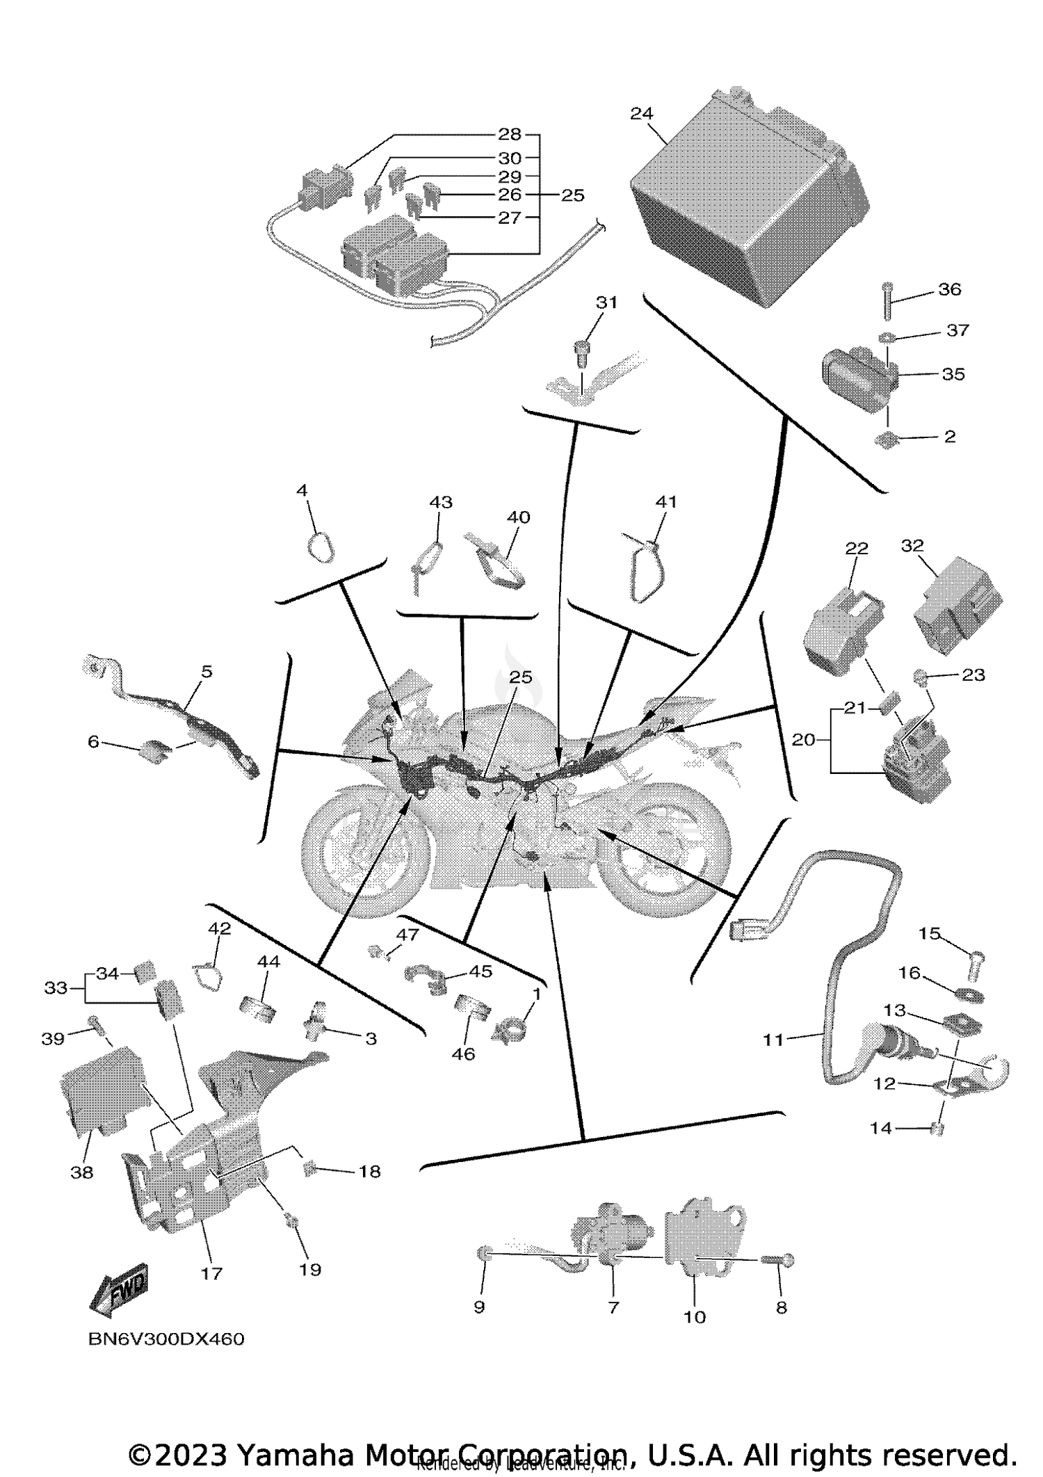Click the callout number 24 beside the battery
pyautogui.click(x=642, y=113)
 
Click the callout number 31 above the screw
pyautogui.click(x=606, y=302)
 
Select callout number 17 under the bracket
pyautogui.click(x=211, y=1273)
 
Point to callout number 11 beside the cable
pyautogui.click(x=773, y=1040)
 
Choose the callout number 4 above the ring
pyautogui.click(x=302, y=491)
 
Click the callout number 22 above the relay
pyautogui.click(x=857, y=548)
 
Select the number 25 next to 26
pyautogui.click(x=573, y=195)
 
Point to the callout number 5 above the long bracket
pyautogui.click(x=207, y=672)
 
